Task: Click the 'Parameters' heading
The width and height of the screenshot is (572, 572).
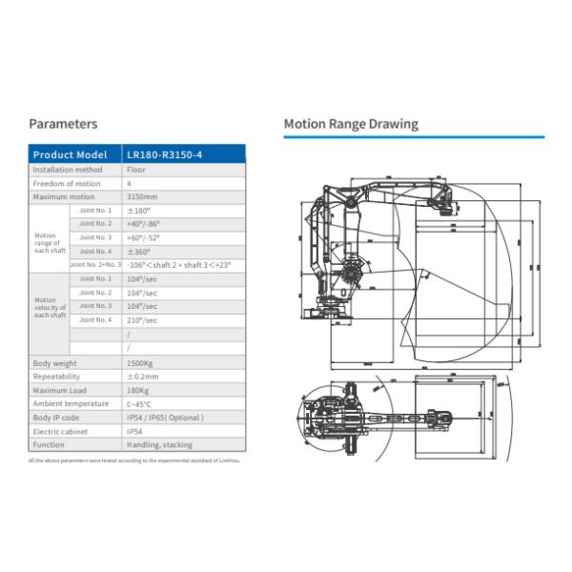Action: coord(63,124)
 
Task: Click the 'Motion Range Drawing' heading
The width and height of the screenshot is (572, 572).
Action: coord(351,124)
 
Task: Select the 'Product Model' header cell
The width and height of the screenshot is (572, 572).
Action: coord(70,154)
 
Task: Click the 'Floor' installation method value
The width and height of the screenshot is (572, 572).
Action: coord(136,170)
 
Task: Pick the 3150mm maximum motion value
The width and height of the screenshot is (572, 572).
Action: coord(141,196)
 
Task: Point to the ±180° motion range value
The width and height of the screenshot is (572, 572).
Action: coord(140,210)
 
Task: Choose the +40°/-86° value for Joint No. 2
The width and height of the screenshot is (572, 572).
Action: coord(144,223)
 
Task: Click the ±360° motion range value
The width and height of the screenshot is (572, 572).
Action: coord(140,251)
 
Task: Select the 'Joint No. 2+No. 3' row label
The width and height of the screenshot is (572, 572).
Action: coord(94,264)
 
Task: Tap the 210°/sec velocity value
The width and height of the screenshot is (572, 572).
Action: coord(142,320)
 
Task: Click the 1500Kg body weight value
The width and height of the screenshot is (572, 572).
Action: coord(141,363)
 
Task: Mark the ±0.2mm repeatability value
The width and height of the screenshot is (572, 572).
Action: coord(142,377)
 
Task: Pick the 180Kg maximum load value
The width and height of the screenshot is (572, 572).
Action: coord(138,390)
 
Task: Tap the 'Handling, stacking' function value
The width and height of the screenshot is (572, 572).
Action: coord(159,444)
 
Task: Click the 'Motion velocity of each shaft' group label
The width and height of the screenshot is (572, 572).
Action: coord(51,307)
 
